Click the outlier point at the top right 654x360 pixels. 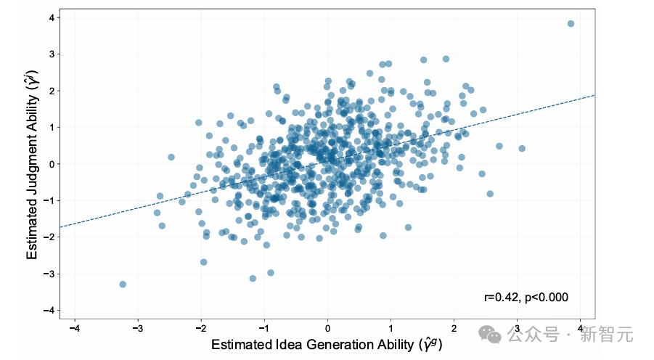click(x=571, y=24)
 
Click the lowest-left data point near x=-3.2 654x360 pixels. click(x=123, y=284)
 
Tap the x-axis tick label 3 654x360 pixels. click(x=517, y=329)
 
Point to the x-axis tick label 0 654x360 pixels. click(x=327, y=329)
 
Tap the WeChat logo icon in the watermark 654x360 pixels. click(x=491, y=335)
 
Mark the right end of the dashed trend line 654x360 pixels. click(x=594, y=95)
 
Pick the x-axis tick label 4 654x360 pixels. click(x=580, y=329)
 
